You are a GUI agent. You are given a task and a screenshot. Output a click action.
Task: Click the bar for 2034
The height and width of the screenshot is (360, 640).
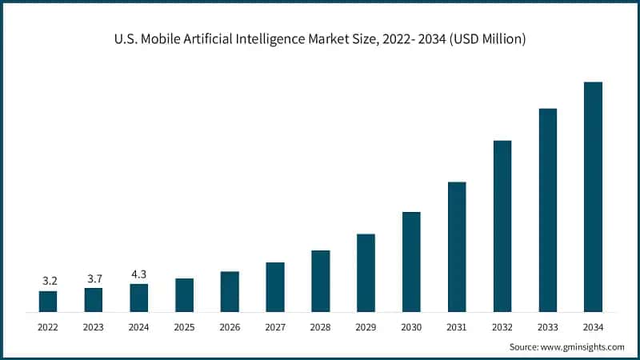pyautogui.click(x=593, y=197)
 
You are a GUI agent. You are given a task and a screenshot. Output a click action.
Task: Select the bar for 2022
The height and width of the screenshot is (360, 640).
pyautogui.click(x=48, y=302)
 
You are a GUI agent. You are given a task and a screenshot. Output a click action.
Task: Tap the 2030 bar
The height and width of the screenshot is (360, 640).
pyautogui.click(x=411, y=262)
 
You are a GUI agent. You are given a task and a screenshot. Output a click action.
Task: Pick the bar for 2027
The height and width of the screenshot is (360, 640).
pyautogui.click(x=275, y=287)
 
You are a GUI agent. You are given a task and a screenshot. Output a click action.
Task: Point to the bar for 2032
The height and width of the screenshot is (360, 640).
pyautogui.click(x=502, y=226)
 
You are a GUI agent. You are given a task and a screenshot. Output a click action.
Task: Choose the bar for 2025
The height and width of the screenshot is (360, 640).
pyautogui.click(x=184, y=295)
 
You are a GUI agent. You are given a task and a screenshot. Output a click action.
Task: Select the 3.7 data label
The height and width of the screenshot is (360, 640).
pyautogui.click(x=94, y=278)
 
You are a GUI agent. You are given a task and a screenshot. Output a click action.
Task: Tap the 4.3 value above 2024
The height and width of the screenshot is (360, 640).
pyautogui.click(x=139, y=274)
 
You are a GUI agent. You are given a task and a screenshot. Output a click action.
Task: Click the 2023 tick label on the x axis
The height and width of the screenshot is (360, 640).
pyautogui.click(x=94, y=326)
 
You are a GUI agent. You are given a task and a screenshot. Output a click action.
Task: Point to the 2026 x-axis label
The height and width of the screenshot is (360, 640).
pyautogui.click(x=230, y=326)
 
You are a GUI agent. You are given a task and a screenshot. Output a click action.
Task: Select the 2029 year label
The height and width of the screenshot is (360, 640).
pyautogui.click(x=366, y=326)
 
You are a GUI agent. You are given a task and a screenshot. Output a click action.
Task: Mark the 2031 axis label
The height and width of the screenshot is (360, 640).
pyautogui.click(x=457, y=326)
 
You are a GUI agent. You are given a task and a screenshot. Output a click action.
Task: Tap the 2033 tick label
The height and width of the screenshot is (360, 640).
pyautogui.click(x=548, y=326)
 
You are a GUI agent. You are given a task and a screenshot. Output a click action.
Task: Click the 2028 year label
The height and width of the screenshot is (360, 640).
pyautogui.click(x=320, y=326)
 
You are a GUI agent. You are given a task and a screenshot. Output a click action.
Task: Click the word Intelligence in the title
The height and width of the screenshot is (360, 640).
pyautogui.click(x=286, y=39)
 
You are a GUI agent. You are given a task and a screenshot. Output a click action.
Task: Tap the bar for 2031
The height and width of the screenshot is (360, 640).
pyautogui.click(x=457, y=247)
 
